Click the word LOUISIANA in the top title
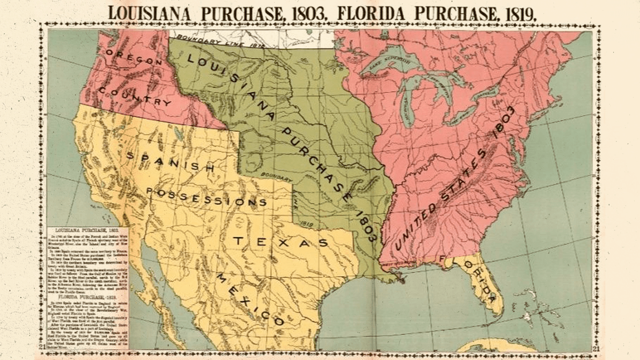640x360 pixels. [150, 12]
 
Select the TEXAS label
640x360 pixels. [280, 242]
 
